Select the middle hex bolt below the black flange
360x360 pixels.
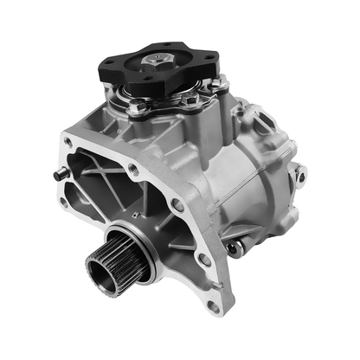tap(188, 101)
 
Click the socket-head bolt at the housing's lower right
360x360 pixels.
tap(231, 249)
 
